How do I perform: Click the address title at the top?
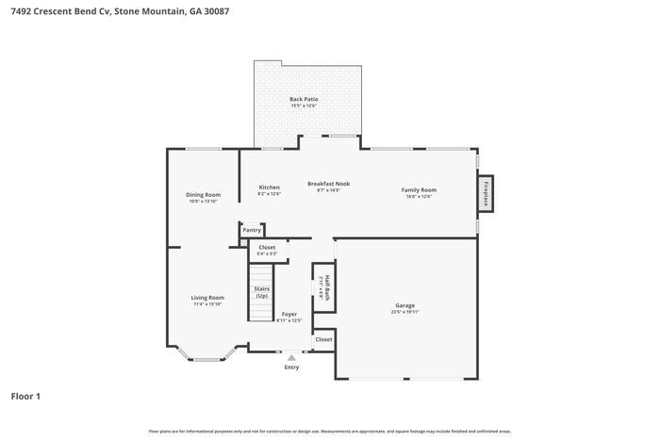[x=112, y=12]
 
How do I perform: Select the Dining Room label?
[x=203, y=195]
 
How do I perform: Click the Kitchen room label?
[x=269, y=187]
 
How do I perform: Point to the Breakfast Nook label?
[x=329, y=184]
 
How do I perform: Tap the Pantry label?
[x=252, y=230]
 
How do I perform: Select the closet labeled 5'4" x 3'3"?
[x=267, y=248]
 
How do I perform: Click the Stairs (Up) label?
[x=261, y=293]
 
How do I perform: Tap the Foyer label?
[x=289, y=314]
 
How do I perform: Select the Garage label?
[x=404, y=305]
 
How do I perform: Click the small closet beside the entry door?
[x=323, y=339]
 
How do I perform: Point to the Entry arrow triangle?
[x=291, y=358]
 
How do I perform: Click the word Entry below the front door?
[x=291, y=367]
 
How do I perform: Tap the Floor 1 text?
[x=25, y=396]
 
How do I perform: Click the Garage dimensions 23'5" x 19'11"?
[x=404, y=312]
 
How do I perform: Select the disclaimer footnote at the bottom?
[x=330, y=431]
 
